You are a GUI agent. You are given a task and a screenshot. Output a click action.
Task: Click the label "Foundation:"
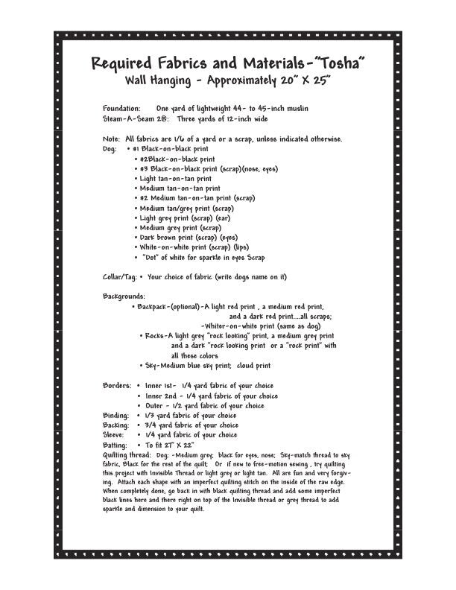click(x=121, y=109)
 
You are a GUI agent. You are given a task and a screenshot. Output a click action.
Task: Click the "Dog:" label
click(x=110, y=149)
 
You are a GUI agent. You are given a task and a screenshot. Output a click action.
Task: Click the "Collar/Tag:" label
click(x=119, y=277)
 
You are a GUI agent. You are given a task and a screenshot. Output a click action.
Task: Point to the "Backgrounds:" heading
click(x=124, y=296)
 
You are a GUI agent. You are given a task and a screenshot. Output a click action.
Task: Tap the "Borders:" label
click(x=117, y=386)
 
